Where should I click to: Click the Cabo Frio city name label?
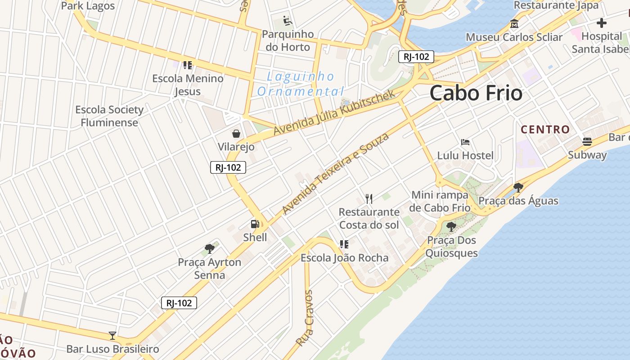click(476, 93)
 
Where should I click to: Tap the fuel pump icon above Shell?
click(255, 224)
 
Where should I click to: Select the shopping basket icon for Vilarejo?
click(236, 134)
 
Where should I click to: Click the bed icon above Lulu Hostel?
click(465, 143)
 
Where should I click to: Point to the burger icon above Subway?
click(587, 142)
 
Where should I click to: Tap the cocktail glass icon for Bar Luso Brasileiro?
click(112, 336)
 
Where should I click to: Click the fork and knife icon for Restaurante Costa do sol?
click(369, 198)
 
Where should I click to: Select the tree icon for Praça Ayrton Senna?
click(209, 248)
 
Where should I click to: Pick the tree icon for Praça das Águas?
click(518, 187)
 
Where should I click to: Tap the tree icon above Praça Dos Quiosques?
click(451, 226)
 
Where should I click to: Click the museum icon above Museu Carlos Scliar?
click(514, 24)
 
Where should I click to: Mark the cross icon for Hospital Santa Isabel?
click(602, 23)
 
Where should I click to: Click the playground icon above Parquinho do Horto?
click(287, 21)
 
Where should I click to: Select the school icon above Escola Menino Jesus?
click(187, 65)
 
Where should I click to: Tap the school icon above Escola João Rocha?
click(344, 244)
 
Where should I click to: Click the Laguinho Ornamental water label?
click(300, 84)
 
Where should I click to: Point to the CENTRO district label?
click(545, 130)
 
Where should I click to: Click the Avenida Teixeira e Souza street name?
click(335, 173)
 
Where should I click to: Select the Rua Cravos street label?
click(304, 318)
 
